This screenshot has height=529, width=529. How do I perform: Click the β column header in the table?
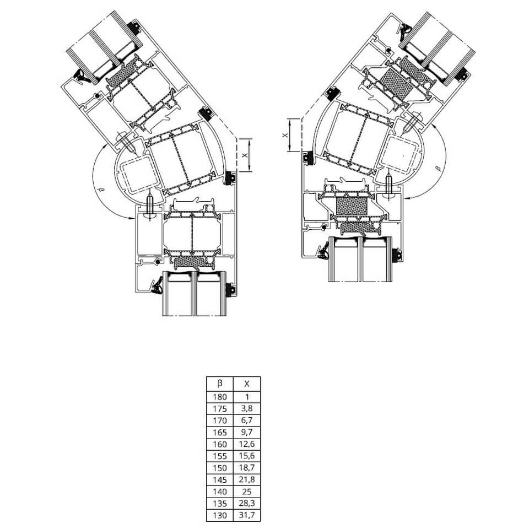pos(220,384)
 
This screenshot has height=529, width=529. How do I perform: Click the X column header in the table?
pos(247,384)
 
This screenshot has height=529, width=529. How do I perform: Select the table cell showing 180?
pos(220,397)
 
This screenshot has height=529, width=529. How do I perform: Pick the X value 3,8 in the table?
pos(247,408)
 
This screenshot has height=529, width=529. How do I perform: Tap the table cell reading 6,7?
pos(247,420)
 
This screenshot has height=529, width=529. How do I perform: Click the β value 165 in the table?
pos(220,432)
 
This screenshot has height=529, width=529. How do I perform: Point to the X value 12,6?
pos(247,444)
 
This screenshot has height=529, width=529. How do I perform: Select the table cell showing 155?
pos(220,456)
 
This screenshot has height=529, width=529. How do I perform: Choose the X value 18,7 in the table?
pos(247,468)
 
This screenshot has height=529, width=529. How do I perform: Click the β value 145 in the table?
pos(220,480)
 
